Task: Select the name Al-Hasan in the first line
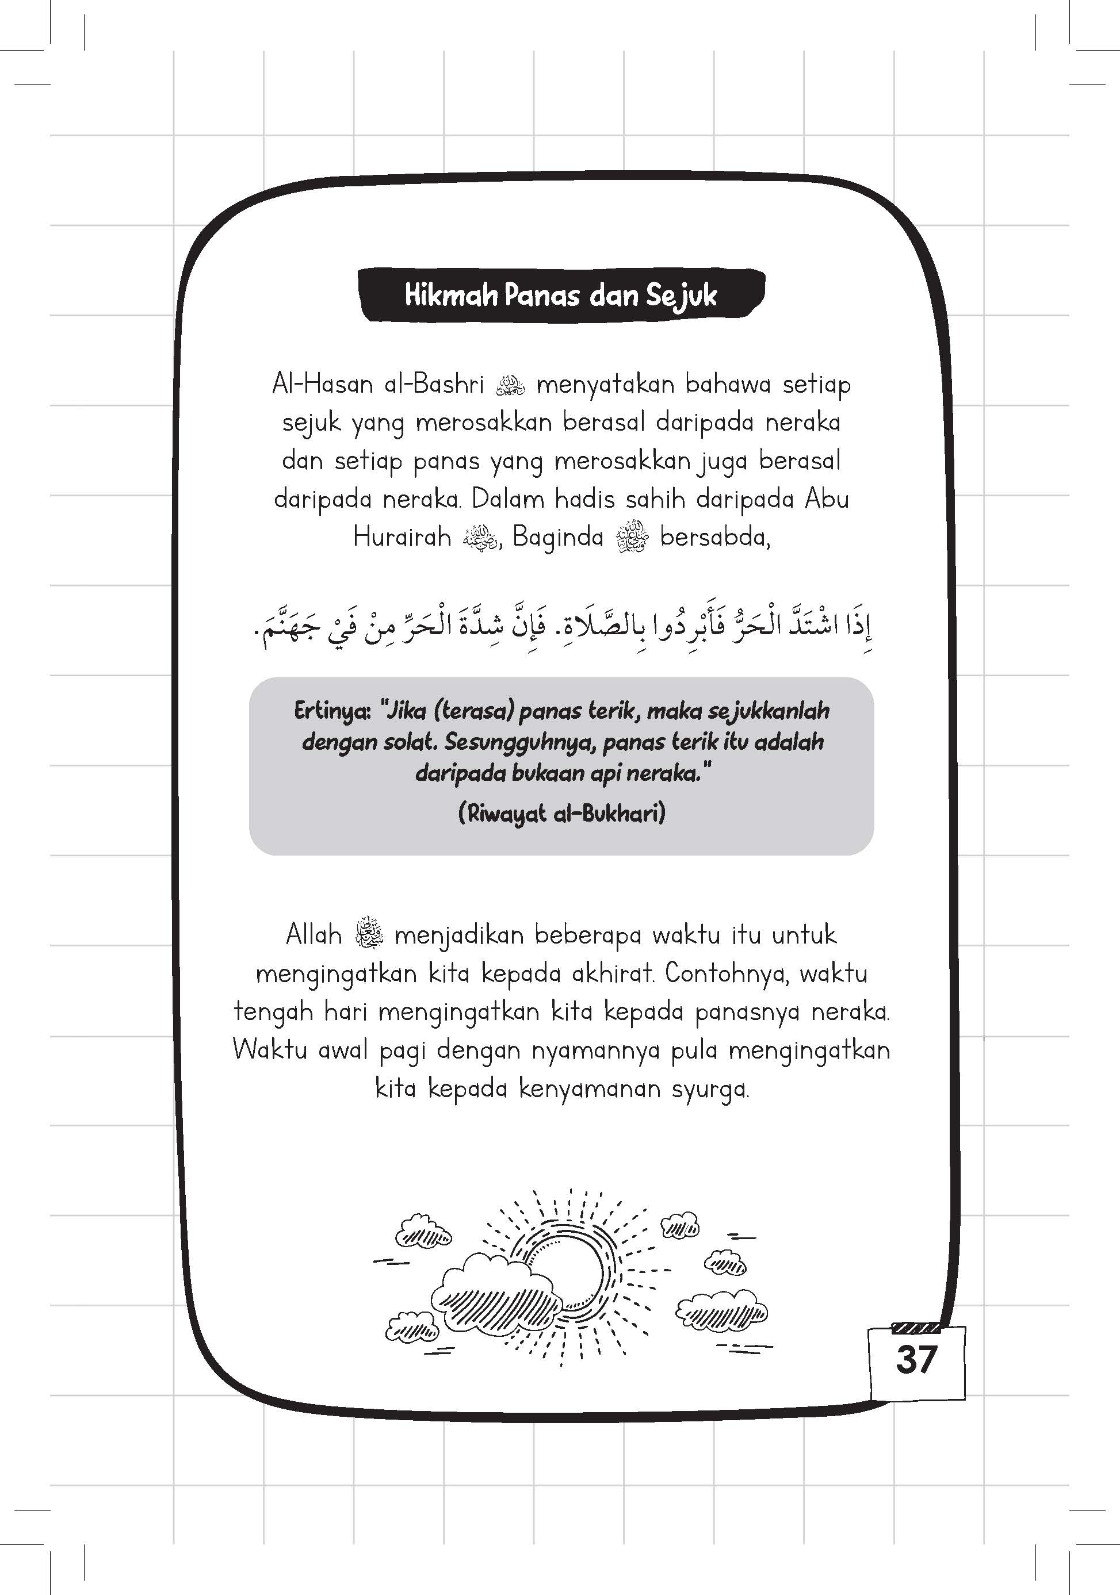[322, 384]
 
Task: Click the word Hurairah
[402, 537]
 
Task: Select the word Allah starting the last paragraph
[314, 935]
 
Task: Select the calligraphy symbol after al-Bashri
[511, 385]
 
